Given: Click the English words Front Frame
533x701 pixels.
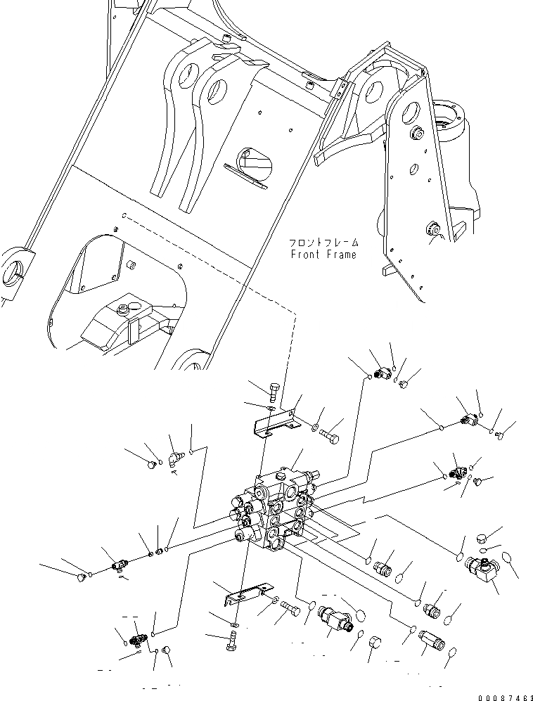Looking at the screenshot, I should tap(323, 255).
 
